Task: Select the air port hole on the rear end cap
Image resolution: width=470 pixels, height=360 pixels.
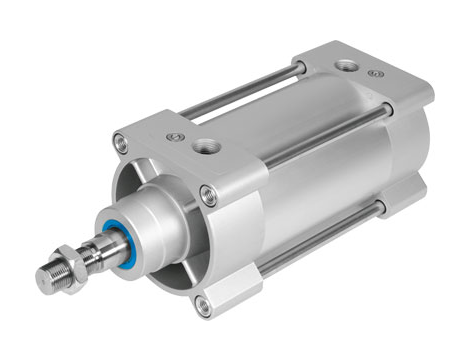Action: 346,65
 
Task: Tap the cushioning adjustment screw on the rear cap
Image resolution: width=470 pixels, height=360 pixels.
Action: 375,74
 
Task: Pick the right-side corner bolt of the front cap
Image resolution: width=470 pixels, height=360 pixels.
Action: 208,195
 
